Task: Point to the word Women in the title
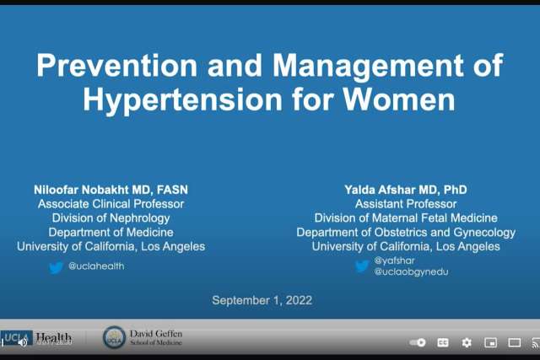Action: [400, 99]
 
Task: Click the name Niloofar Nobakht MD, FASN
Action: [110, 190]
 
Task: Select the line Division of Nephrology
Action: [111, 218]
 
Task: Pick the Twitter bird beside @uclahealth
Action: [57, 266]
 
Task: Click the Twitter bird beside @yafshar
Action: [362, 266]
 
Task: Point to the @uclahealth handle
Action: [97, 266]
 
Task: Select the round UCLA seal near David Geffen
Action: [114, 337]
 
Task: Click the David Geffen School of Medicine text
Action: [156, 338]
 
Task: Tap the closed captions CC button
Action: [443, 343]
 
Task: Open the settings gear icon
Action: [467, 343]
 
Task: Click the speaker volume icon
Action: [23, 342]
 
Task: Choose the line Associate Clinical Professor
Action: [111, 204]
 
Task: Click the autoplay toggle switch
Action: [418, 343]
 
